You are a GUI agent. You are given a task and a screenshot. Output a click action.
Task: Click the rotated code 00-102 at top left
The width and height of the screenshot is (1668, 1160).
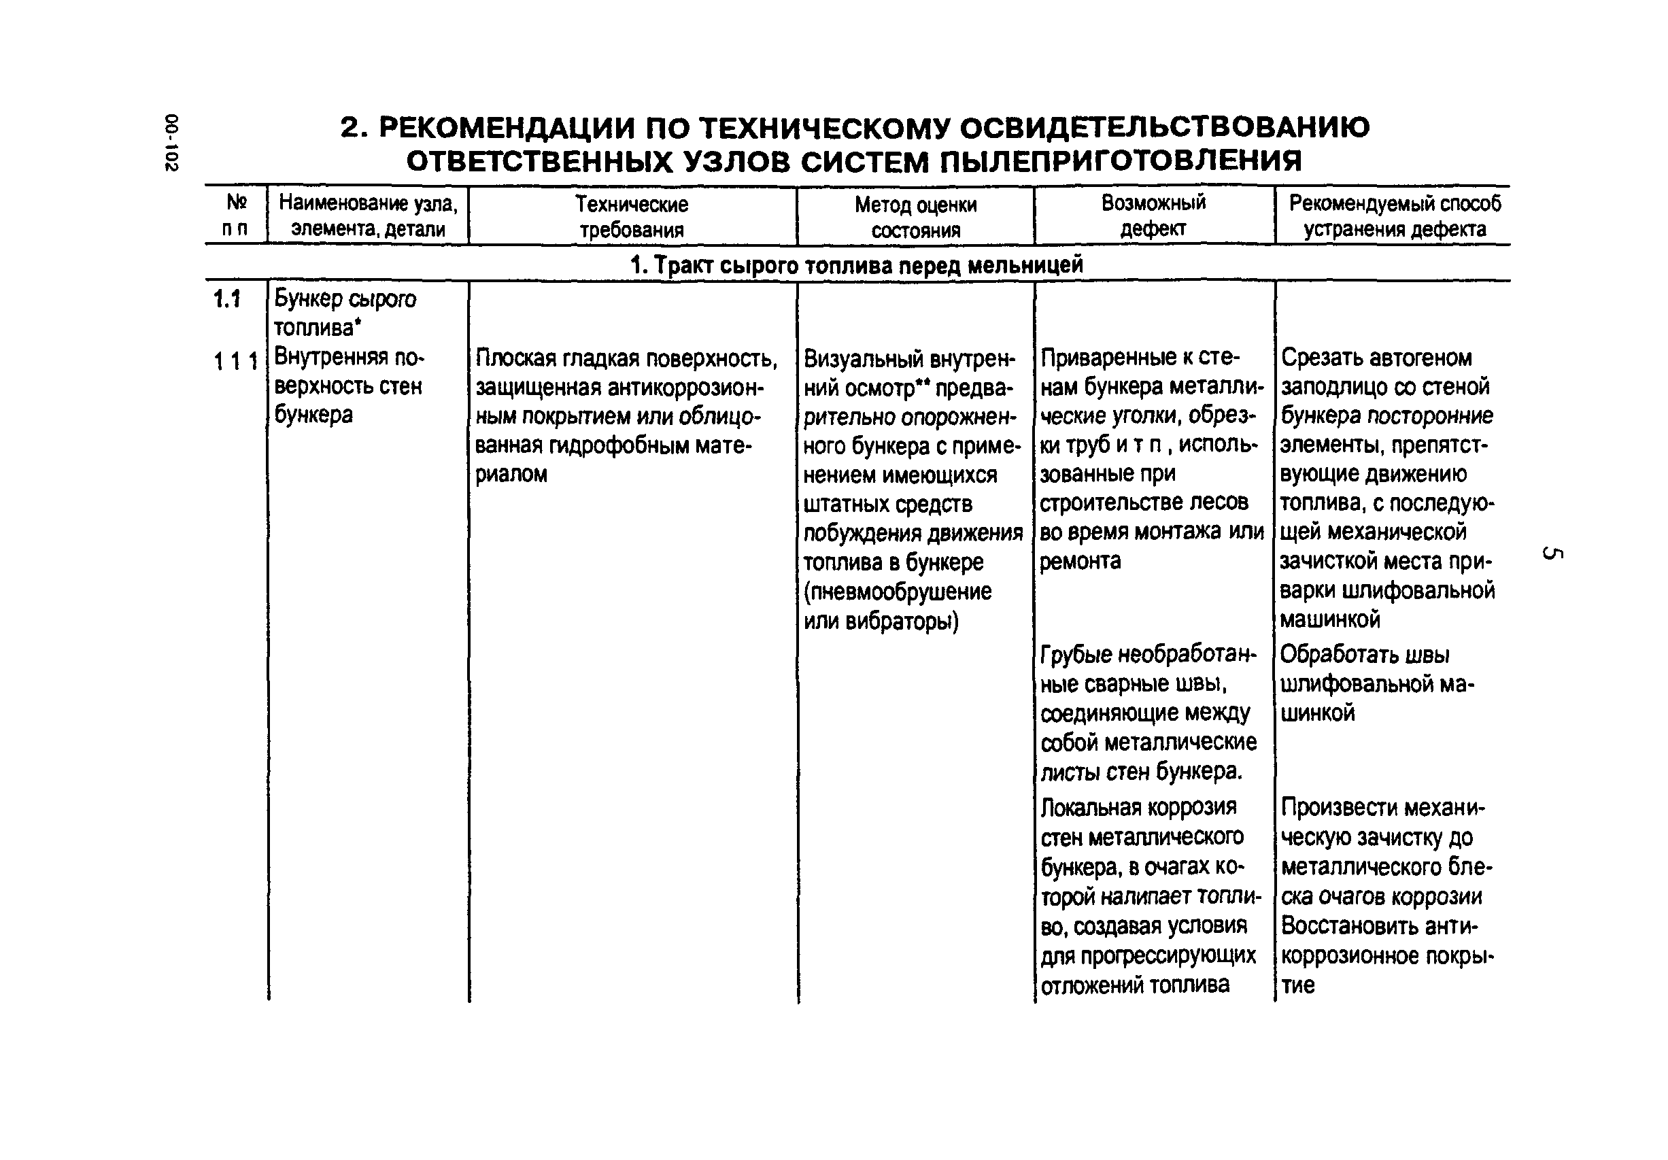click(171, 142)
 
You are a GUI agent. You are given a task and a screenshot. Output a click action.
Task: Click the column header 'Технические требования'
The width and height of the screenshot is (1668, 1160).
click(631, 216)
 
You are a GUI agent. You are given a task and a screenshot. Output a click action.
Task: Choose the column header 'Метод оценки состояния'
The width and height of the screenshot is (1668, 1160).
click(915, 217)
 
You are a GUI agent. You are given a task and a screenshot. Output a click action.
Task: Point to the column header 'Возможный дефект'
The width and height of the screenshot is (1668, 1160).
click(1153, 215)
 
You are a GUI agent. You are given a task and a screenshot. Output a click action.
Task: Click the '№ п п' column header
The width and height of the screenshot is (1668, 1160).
click(235, 215)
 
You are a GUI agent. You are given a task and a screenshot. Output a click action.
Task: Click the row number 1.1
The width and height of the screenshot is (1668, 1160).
click(226, 298)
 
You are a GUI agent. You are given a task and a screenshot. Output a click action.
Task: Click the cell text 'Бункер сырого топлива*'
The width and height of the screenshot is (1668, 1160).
click(344, 313)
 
